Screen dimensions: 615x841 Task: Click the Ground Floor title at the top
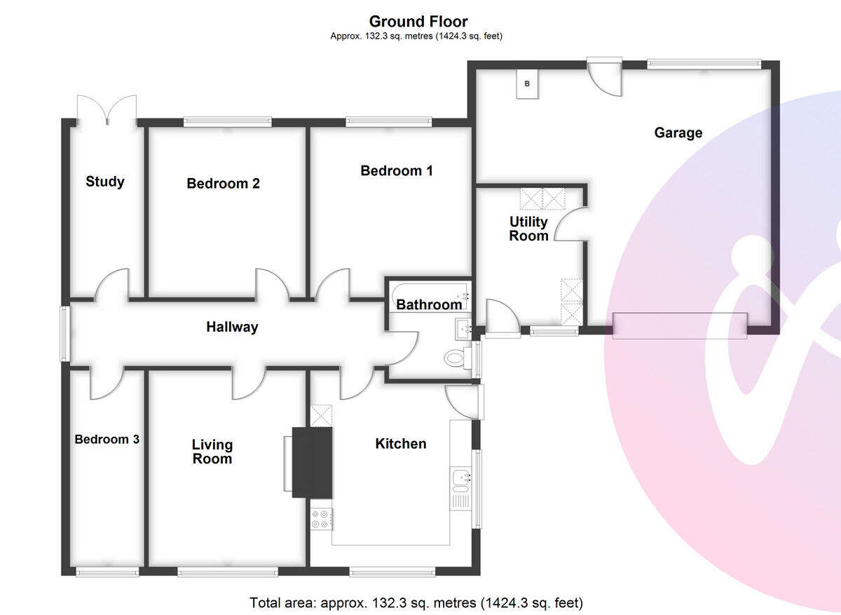[x=418, y=22]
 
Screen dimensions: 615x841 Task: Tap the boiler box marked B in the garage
[x=528, y=85]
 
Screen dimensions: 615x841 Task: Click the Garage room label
[x=678, y=133]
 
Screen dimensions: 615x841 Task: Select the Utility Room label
[x=528, y=229]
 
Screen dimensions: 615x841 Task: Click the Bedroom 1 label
[x=397, y=170]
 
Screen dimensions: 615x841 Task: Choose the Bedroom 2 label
[x=223, y=184]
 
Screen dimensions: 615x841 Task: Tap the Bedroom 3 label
[x=107, y=440]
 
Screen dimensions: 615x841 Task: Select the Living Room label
[x=212, y=452]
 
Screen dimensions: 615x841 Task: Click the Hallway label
[x=232, y=327]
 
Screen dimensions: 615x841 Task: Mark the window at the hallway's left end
[x=64, y=334]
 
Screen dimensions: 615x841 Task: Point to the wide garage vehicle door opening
[x=679, y=326]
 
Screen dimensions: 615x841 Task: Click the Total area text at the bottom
[x=416, y=602]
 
